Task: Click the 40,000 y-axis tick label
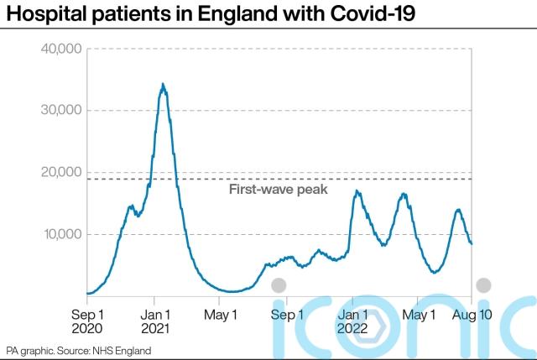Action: [60, 49]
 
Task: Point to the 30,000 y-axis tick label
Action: [60, 110]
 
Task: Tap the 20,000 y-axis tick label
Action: [60, 172]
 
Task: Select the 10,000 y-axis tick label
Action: [60, 234]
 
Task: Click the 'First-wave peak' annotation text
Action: [278, 190]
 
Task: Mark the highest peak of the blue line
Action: [163, 84]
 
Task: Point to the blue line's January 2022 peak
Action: [357, 191]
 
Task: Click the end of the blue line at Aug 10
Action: [472, 243]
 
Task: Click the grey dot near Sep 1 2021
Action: [279, 285]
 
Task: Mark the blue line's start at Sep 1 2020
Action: [87, 293]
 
